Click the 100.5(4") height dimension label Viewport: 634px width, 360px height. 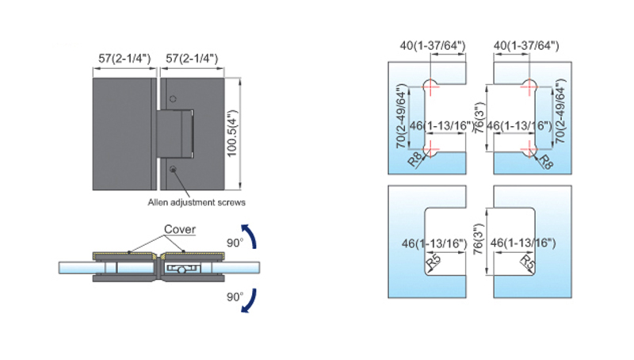[x=233, y=133]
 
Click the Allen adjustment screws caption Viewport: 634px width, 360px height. [x=197, y=202]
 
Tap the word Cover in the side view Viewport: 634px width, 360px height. [x=180, y=229]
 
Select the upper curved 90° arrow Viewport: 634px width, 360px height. [x=250, y=236]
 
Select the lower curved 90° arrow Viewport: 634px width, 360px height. [x=250, y=301]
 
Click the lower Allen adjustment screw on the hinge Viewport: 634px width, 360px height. [x=173, y=169]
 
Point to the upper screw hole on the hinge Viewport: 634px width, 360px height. [x=173, y=98]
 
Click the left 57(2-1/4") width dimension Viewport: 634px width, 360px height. [x=124, y=59]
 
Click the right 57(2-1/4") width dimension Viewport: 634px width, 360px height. [x=192, y=59]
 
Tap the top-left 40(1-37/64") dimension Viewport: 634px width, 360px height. [x=433, y=45]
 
